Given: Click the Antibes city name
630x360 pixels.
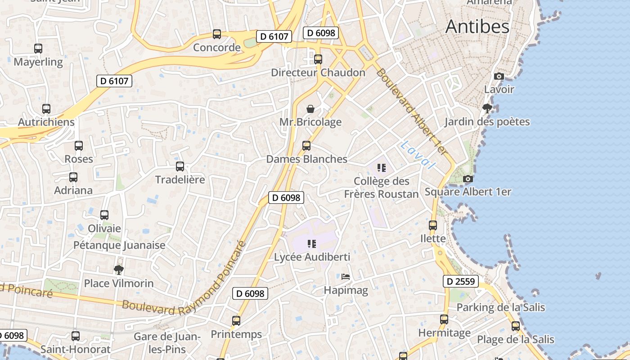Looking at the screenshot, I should pos(477,27).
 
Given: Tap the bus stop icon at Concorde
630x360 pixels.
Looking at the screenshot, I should pos(217,34).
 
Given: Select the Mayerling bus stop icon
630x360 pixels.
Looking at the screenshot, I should pos(38,49).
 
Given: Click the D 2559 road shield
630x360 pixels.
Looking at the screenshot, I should pos(460,282).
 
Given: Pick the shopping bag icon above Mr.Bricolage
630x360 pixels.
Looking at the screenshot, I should pos(310,109).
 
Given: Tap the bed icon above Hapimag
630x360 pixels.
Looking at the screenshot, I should pos(346,276).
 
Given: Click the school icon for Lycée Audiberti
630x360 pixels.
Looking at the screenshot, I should pos(312,244).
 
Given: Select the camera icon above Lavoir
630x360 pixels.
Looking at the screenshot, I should pos(499,76).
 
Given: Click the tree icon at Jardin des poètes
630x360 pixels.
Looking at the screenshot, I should pos(487,108).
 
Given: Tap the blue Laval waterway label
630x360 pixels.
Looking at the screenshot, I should pos(418,154).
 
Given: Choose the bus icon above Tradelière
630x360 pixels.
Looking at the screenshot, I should pos(180,166).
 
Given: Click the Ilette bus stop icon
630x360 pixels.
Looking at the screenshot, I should pos(433,225).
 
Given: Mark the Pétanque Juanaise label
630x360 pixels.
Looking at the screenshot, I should pos(119,245).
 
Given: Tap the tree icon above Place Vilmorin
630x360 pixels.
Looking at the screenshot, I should pos(119,270).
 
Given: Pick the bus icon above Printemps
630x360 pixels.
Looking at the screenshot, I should pos(236,321).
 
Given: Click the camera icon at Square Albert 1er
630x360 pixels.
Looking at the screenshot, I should pos(468,179).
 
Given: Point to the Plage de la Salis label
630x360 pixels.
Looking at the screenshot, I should pos(516,339).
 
